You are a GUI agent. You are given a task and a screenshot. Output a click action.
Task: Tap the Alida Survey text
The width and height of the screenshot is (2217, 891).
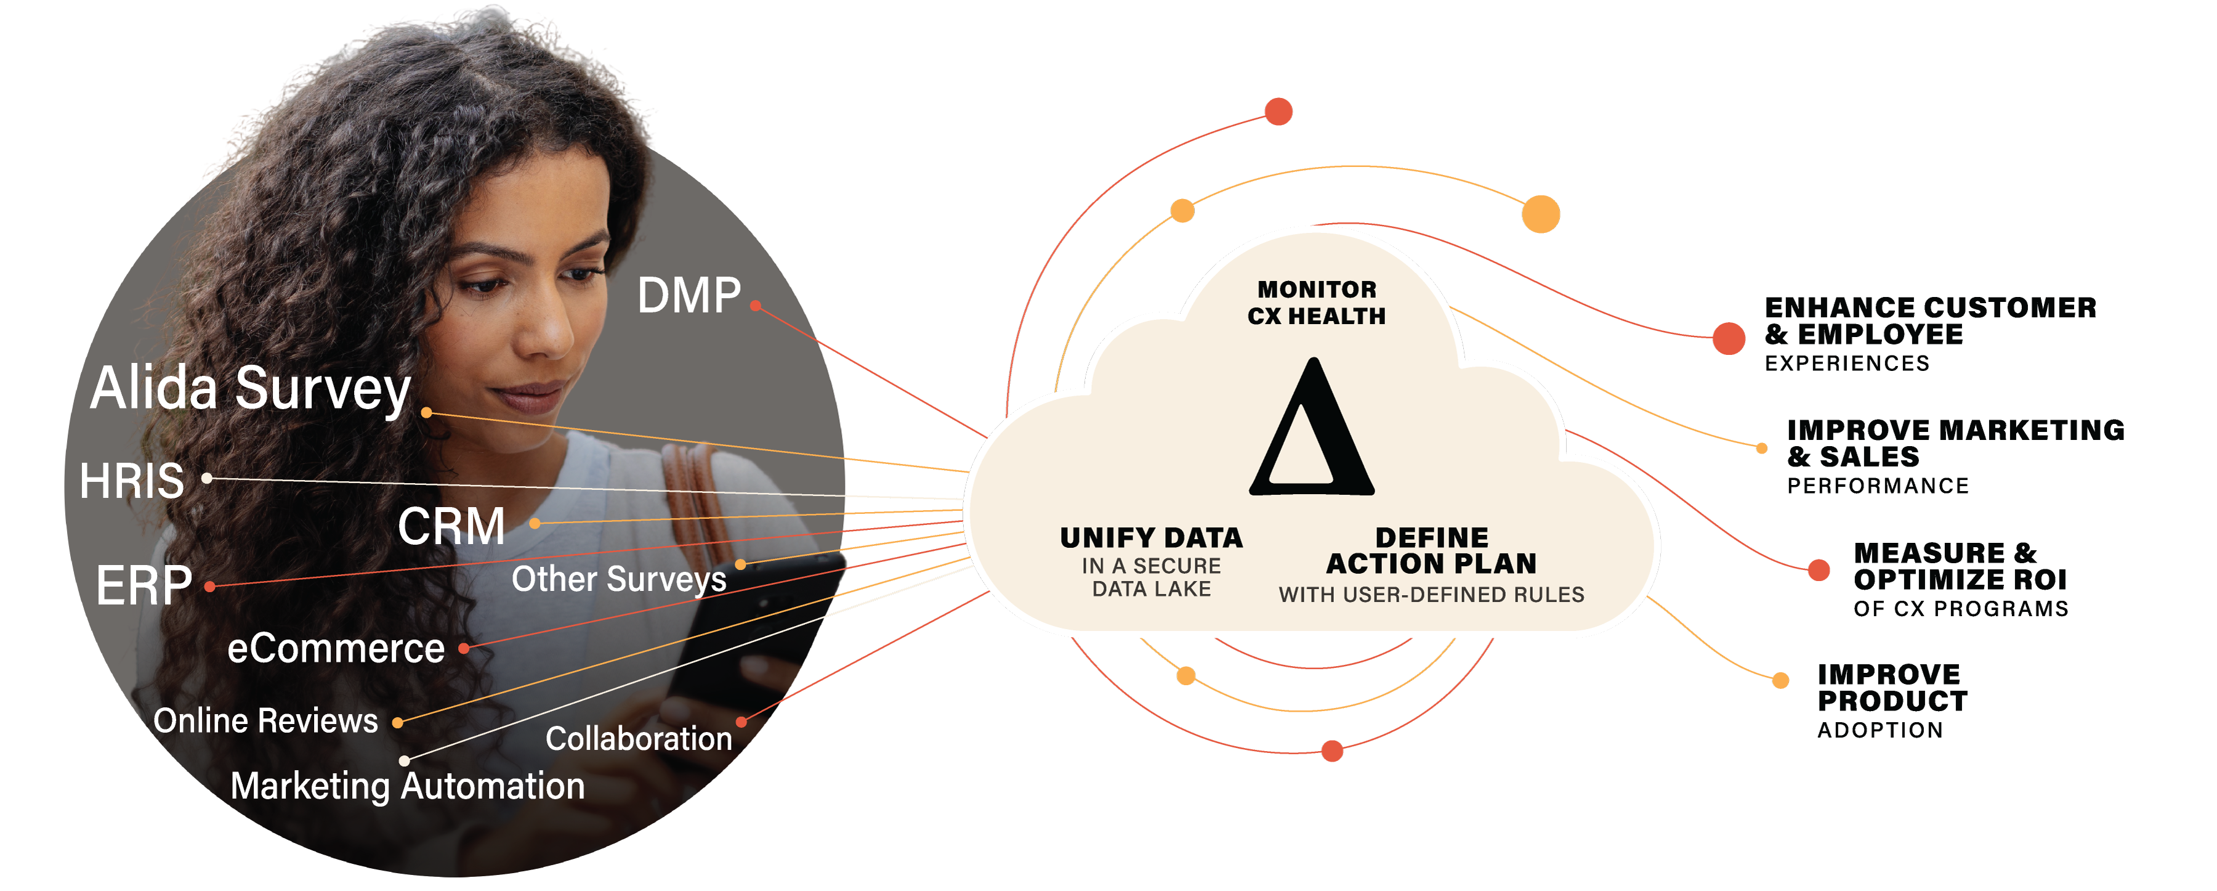coord(249,388)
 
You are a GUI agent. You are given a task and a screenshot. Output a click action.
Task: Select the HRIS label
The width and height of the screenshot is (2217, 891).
coord(132,481)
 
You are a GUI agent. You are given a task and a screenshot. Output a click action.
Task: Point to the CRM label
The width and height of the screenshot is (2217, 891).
coord(451,526)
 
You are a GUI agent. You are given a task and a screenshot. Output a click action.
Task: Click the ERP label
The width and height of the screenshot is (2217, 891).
coord(143,586)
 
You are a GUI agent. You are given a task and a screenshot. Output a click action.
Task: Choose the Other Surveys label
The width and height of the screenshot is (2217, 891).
coord(619,579)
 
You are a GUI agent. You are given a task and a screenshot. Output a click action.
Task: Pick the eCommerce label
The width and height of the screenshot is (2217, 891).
coord(336,648)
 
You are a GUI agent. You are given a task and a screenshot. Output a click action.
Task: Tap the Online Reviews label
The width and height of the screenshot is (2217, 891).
coord(265,720)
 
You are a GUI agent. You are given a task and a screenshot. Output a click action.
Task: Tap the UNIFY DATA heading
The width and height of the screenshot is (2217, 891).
coord(1152,538)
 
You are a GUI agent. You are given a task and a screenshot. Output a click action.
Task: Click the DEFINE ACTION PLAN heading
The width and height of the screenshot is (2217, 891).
coord(1431,551)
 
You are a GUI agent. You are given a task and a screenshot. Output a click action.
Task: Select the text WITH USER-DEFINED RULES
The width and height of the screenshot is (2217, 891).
coord(1431,595)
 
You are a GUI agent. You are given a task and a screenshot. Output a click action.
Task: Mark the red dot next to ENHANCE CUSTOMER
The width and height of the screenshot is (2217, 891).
coord(1728,338)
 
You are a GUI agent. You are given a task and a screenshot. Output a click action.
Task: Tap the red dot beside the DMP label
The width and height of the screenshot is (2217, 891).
coord(755,306)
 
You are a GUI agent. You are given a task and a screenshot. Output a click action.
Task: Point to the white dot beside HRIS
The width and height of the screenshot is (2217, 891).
coord(206,478)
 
